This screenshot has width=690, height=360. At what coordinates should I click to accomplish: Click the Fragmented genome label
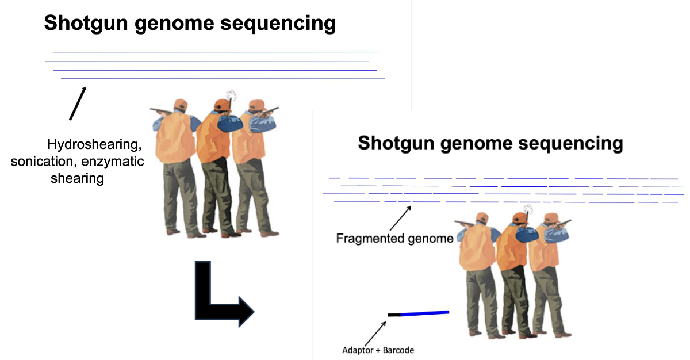tap(394, 238)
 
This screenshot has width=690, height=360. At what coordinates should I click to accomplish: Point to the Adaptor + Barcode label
tap(378, 350)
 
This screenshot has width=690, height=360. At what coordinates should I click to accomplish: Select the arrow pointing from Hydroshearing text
tap(78, 104)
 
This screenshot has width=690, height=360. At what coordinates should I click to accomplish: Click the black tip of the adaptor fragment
tap(394, 315)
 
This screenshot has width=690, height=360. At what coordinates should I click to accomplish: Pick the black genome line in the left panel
tap(207, 61)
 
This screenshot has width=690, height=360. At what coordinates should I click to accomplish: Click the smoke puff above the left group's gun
tap(232, 95)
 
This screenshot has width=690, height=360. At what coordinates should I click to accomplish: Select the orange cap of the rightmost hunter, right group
tap(551, 217)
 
